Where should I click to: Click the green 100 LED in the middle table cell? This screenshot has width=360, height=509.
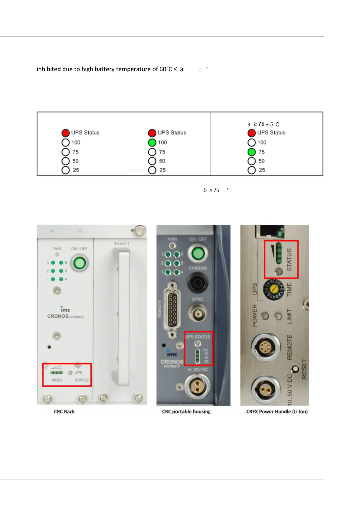(152, 142)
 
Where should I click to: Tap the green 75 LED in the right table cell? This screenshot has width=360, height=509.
(251, 152)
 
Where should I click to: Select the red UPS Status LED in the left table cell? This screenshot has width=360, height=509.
(66, 133)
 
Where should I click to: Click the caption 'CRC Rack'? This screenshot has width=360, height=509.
(64, 411)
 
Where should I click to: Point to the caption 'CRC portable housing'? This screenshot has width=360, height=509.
(186, 411)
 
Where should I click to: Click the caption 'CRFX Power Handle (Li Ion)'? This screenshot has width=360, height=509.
(277, 411)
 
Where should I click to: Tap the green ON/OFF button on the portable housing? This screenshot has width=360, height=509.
(198, 253)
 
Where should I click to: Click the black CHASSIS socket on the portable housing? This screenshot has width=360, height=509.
(198, 283)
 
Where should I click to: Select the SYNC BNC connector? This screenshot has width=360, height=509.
(198, 313)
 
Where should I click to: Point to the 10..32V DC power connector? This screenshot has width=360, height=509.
(197, 386)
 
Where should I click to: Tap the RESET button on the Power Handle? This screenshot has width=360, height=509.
(295, 369)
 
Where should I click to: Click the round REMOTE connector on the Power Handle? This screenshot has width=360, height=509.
(265, 346)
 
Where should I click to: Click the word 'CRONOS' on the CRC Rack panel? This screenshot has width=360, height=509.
(58, 316)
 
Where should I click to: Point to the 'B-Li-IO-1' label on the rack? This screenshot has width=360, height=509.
(122, 243)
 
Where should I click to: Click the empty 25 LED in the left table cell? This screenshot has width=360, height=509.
(66, 170)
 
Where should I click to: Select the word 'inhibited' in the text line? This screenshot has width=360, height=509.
(48, 69)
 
